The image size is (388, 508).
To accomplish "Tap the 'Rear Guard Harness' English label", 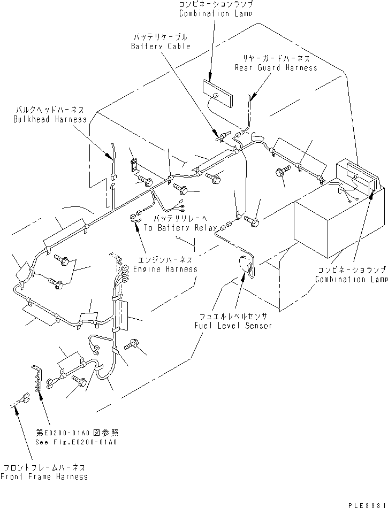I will (276, 67).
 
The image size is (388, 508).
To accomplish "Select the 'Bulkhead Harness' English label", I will (50, 119).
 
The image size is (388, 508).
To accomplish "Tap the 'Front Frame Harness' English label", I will (44, 476).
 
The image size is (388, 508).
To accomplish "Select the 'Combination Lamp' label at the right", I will (351, 279).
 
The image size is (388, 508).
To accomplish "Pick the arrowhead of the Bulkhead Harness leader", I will (112, 159).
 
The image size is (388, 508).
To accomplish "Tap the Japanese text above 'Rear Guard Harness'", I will (276, 58).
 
